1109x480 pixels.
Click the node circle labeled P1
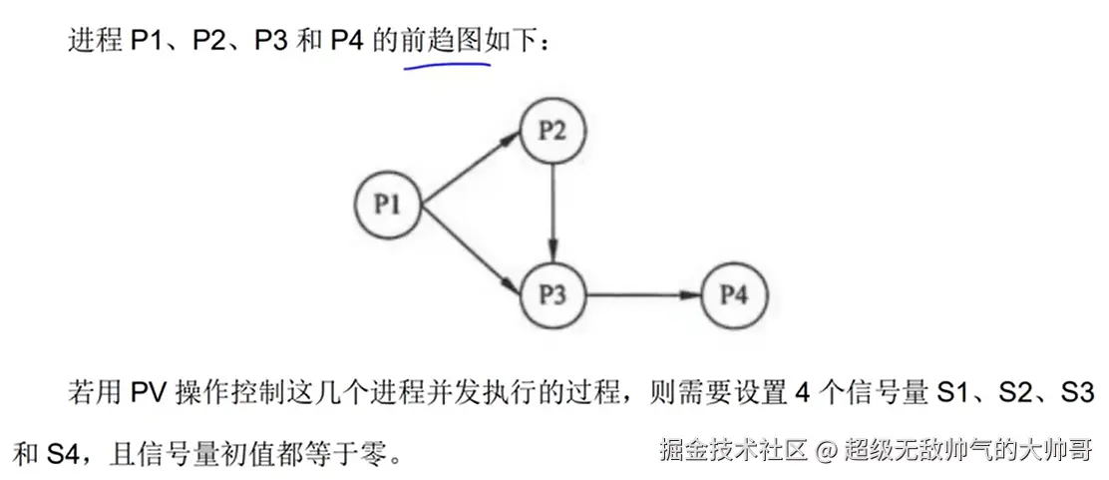[x=388, y=204]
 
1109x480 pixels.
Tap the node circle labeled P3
[x=553, y=294]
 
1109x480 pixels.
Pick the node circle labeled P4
[x=735, y=294]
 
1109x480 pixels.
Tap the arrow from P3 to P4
[x=643, y=294]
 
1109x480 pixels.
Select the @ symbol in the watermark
[x=825, y=450]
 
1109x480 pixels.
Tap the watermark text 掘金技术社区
[x=732, y=450]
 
